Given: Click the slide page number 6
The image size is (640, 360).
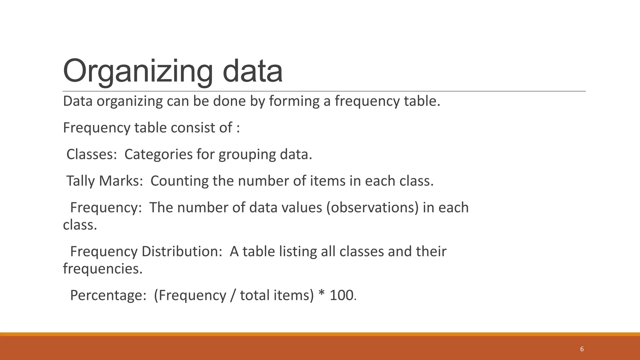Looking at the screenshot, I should [x=582, y=349].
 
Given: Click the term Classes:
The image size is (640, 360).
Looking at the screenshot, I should [x=92, y=154].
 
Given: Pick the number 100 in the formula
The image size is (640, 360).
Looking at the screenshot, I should [x=341, y=295].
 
